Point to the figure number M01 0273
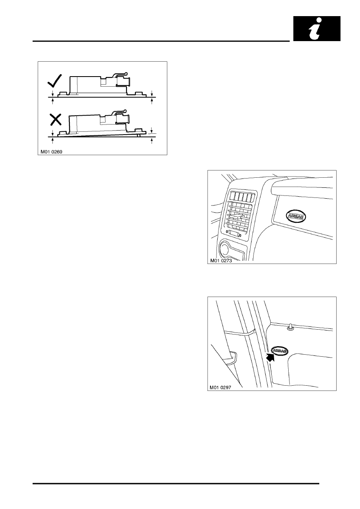[x=221, y=261]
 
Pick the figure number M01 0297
[x=221, y=388]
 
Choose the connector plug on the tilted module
[x=123, y=119]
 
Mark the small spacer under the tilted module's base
[x=138, y=135]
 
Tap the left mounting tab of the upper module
[x=64, y=94]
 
